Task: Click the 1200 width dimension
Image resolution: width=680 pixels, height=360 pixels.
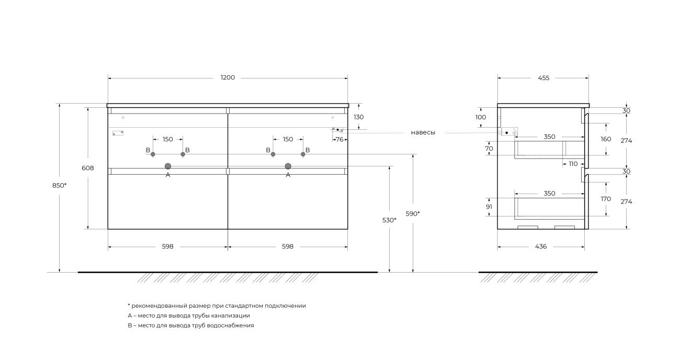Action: point(228,77)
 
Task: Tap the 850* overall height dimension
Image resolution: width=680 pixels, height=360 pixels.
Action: point(59,185)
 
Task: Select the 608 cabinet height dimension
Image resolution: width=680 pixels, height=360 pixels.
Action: point(88,168)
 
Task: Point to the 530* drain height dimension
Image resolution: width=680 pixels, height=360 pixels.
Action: point(389,220)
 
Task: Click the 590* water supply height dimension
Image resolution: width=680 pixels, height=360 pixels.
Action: point(413,214)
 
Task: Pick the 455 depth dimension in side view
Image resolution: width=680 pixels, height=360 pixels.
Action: point(543,78)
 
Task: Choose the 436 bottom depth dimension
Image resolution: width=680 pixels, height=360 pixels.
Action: point(541,246)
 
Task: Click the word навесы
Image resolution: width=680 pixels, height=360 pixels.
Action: point(423,132)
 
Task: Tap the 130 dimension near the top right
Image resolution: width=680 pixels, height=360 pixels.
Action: point(358,117)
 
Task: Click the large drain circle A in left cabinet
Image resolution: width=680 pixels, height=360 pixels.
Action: point(168,166)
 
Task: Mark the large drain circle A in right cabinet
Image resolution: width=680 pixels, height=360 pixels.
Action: point(288,166)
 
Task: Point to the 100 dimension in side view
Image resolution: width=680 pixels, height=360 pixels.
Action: point(481,117)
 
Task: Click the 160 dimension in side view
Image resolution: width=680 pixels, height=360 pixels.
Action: point(606,139)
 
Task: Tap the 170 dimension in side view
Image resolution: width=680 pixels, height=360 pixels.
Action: point(606,199)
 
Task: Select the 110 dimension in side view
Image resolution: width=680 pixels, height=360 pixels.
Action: point(573,164)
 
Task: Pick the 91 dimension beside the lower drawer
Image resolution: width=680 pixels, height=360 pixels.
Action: point(489,207)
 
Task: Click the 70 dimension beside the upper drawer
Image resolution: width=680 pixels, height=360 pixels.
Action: point(489,149)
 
